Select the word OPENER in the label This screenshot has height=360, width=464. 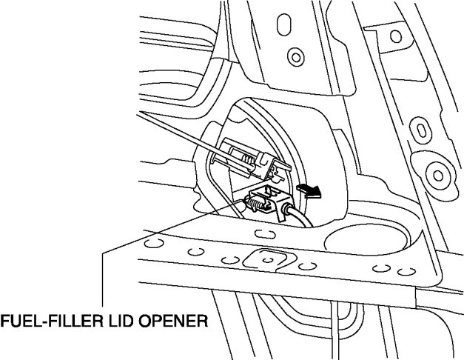[175, 322]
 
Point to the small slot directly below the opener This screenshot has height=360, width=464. [260, 234]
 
